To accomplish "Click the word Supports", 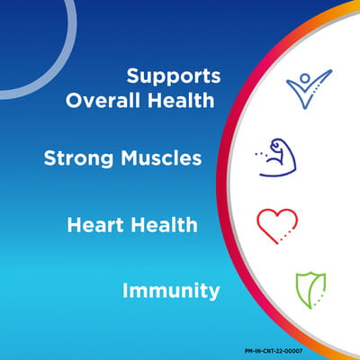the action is point(174,76).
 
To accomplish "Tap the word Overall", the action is point(103,100).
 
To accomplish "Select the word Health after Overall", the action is point(181,100).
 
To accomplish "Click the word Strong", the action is point(78,158).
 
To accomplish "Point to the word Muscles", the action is point(161,157).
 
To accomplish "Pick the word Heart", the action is point(95,225).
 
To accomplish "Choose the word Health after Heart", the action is point(164,225).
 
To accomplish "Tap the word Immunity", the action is point(171,291).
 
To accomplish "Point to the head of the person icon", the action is point(305,78).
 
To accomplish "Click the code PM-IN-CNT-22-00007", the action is point(274,351).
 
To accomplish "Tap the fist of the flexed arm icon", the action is point(275,145).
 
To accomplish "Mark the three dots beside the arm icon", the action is point(260,154).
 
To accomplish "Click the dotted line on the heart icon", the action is point(285,235).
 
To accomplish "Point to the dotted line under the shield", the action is point(319,300).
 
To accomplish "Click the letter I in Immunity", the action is point(125,291).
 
